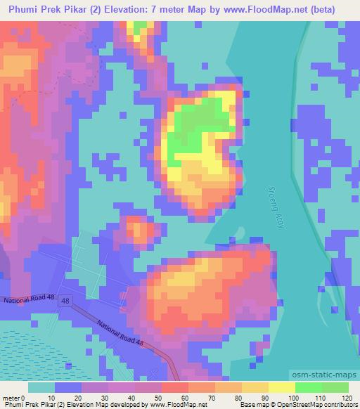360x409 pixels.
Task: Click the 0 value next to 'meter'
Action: point(23,397)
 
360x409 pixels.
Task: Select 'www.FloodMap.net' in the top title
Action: point(266,9)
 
